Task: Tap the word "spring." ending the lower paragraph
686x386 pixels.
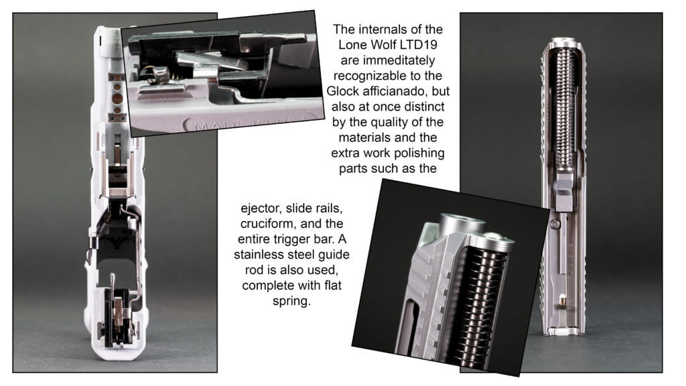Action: coord(291,302)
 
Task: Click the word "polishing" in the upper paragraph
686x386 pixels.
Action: coord(419,153)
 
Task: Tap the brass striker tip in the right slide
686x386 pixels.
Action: coord(563,300)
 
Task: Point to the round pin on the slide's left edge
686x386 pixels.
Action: coord(555,224)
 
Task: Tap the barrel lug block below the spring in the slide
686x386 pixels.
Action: coord(564,192)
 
